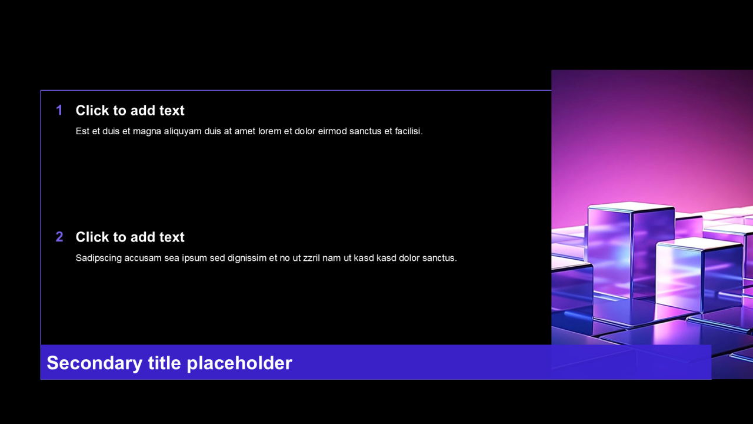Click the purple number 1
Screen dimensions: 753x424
coord(59,110)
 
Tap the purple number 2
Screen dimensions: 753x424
coord(59,237)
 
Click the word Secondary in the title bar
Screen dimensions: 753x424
coord(95,363)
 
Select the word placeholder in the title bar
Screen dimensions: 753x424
coord(239,363)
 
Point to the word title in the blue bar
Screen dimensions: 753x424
coord(164,363)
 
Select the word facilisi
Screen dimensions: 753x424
coord(408,131)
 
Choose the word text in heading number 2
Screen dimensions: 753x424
coord(172,237)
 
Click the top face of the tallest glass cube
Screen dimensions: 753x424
coord(631,207)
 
